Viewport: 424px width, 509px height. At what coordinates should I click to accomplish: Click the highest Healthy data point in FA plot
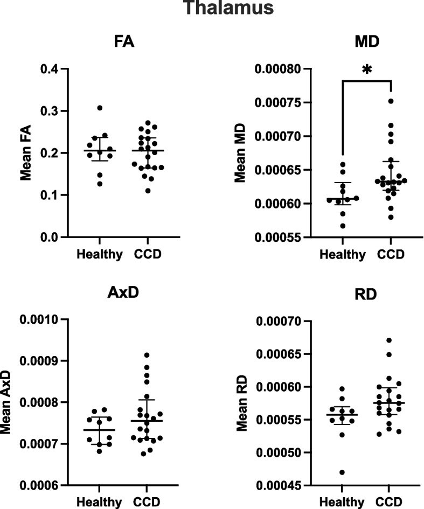point(100,108)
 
